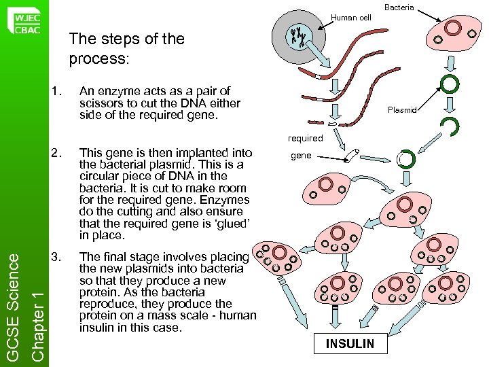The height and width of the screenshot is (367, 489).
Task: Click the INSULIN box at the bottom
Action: [x=350, y=343]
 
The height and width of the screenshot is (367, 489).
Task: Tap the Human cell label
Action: [x=351, y=18]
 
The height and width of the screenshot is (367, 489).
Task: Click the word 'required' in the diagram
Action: [x=305, y=138]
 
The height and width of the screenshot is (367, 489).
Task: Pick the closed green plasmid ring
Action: [x=450, y=84]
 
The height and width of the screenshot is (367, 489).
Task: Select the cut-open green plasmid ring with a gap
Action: [x=449, y=126]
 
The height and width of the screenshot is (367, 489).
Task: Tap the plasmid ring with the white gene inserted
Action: [x=405, y=160]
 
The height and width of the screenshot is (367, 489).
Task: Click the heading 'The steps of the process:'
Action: [x=126, y=49]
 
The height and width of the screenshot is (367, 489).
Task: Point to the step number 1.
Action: [x=57, y=91]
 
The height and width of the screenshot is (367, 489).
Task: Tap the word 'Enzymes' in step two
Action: [x=225, y=200]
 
